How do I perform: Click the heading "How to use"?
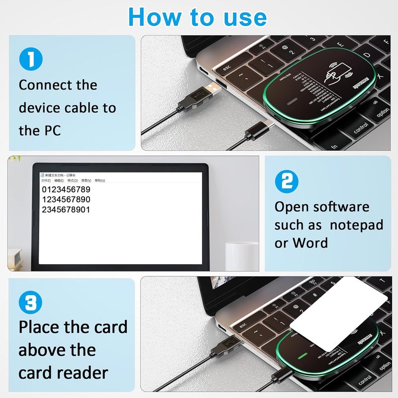point(198,17)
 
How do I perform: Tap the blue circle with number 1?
point(30,59)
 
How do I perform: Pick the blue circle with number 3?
point(30,302)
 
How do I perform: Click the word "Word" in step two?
point(310,243)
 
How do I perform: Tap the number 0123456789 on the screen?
point(66,190)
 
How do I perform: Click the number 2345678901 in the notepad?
point(66,209)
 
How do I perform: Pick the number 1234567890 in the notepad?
point(66,199)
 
